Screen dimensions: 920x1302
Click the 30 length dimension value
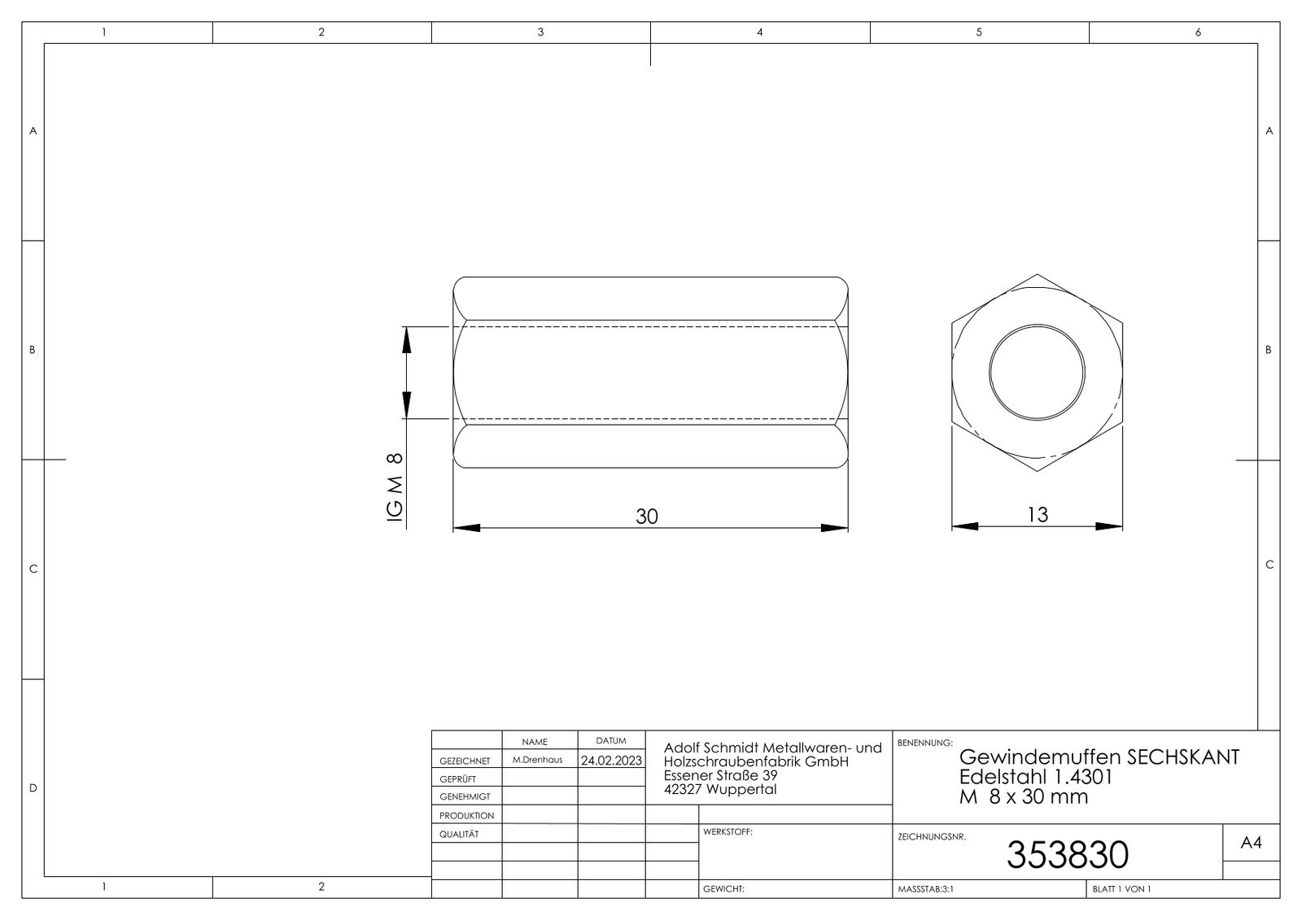click(x=646, y=517)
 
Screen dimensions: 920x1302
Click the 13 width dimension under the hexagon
click(x=1038, y=514)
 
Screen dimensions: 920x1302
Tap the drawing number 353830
click(x=1067, y=855)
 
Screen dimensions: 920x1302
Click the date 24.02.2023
click(x=611, y=761)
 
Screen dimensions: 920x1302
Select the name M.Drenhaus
click(x=537, y=760)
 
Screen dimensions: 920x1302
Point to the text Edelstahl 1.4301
click(x=1035, y=777)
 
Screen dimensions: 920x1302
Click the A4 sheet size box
click(x=1251, y=844)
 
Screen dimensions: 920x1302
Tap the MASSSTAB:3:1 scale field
click(x=925, y=889)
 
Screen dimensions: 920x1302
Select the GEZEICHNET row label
click(x=465, y=761)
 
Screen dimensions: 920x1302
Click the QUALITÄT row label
click(x=459, y=835)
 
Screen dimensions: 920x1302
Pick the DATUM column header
click(x=610, y=741)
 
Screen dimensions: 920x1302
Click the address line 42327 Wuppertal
click(x=720, y=789)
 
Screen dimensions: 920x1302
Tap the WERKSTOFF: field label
click(x=727, y=832)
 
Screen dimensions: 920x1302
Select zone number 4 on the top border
click(x=759, y=33)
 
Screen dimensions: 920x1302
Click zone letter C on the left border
click(x=33, y=569)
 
